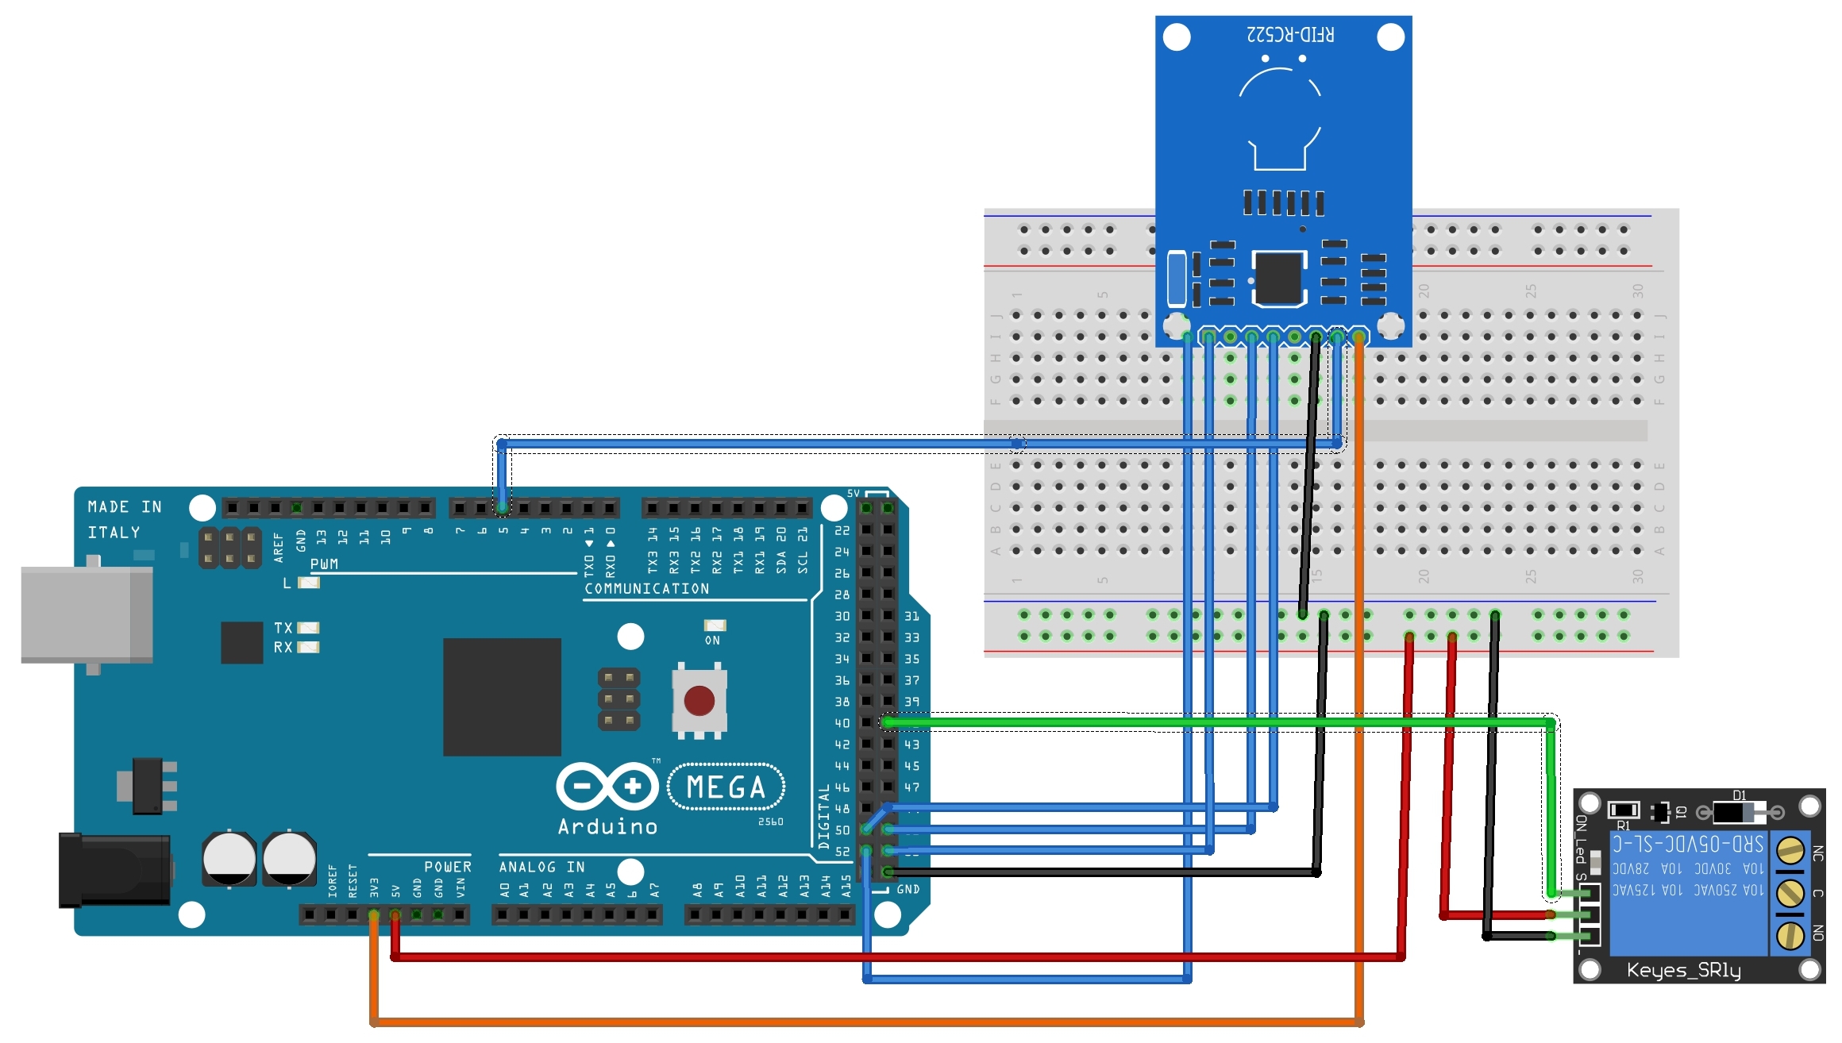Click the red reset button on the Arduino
(x=699, y=701)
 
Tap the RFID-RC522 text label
(x=1290, y=35)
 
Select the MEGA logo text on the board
(x=726, y=787)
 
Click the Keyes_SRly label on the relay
(x=1683, y=970)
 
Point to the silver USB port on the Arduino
(x=86, y=614)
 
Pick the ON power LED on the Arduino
(x=715, y=625)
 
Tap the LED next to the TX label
(x=308, y=628)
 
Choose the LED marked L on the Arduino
(x=308, y=583)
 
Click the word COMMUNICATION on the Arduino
(x=647, y=588)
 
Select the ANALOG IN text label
(x=541, y=867)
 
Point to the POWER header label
(x=447, y=867)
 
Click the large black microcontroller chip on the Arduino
(x=502, y=697)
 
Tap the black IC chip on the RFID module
(x=1278, y=279)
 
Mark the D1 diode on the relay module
(x=1739, y=812)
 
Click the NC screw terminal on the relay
(x=1790, y=851)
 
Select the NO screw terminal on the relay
(x=1790, y=935)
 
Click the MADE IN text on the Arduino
(x=125, y=507)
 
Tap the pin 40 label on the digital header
(x=842, y=723)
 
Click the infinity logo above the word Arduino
(x=607, y=787)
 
